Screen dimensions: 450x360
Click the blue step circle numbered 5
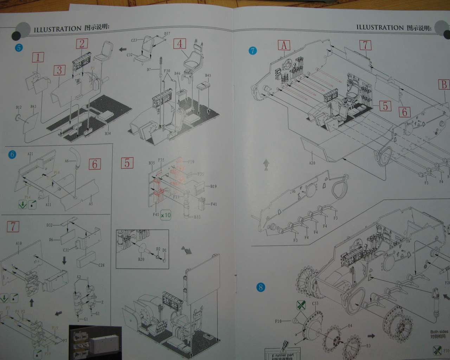19,47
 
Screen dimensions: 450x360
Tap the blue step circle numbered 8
261,288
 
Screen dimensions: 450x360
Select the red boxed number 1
38,57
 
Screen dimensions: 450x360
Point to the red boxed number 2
82,44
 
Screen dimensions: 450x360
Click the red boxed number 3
59,70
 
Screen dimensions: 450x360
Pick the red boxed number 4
180,44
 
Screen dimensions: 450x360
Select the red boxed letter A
284,45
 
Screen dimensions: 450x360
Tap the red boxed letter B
444,84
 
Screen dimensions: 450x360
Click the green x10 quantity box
166,215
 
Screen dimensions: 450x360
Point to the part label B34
108,134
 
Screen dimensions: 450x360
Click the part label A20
312,163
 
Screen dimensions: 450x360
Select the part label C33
315,303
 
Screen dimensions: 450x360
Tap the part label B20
141,259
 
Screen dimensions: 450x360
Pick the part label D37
167,34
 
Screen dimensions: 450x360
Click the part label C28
101,265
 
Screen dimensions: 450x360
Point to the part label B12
19,107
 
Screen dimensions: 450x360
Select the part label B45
208,76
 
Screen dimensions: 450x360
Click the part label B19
213,187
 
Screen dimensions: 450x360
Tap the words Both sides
439,332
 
